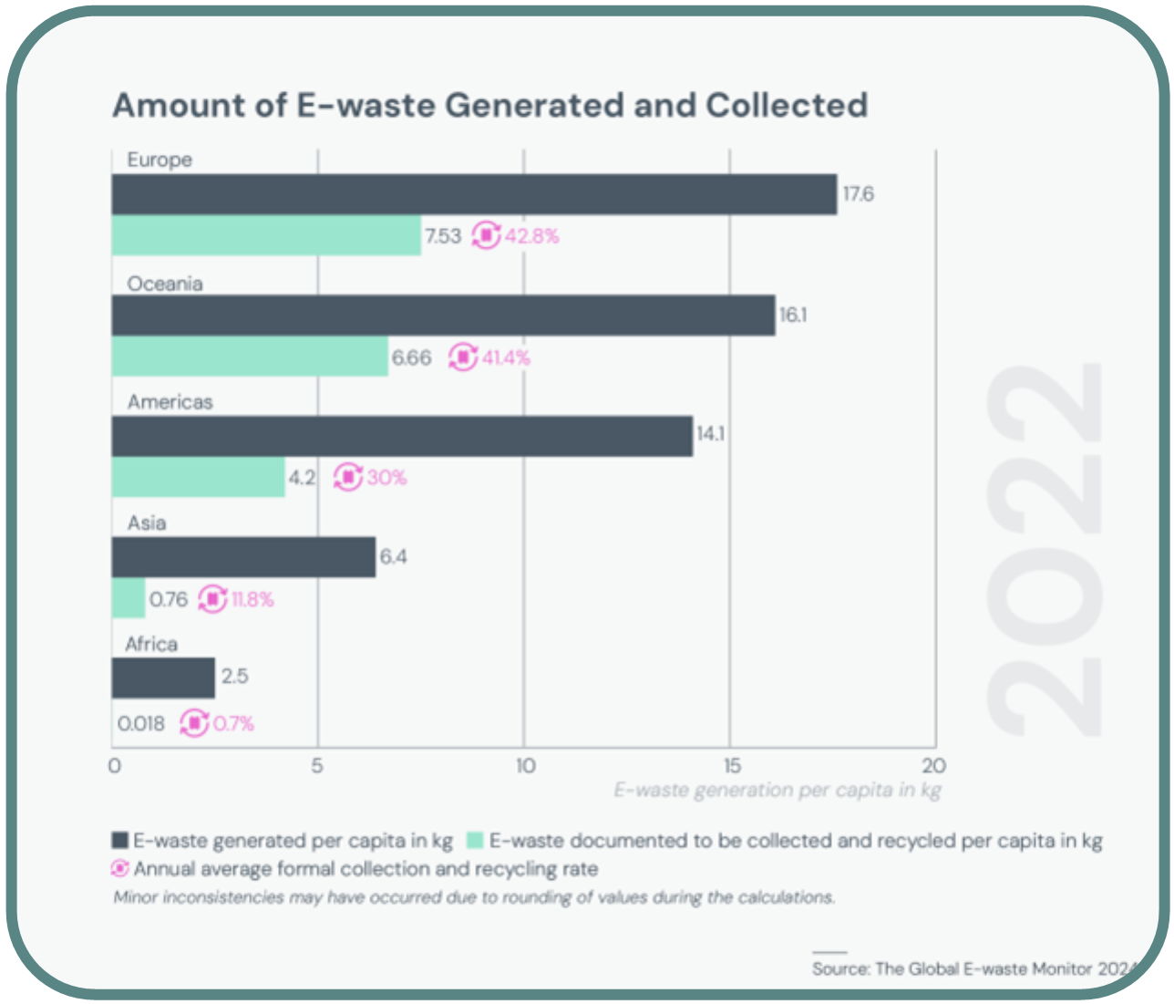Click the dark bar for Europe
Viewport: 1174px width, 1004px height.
[474, 194]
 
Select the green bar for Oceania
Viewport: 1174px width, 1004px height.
[250, 357]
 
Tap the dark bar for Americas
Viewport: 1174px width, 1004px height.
[401, 436]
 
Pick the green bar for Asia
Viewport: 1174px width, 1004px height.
[129, 598]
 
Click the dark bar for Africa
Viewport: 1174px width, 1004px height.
[163, 678]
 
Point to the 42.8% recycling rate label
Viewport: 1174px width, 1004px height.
[532, 236]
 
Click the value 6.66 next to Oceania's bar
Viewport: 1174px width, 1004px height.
[411, 357]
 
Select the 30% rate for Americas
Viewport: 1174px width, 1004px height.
[387, 478]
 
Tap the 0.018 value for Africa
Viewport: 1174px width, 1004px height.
[141, 724]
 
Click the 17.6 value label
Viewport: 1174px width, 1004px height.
[858, 194]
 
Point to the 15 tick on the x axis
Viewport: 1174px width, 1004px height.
[731, 766]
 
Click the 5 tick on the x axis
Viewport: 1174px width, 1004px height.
[317, 766]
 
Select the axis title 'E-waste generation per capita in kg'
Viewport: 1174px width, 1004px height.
[777, 790]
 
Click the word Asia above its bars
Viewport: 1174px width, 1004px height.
[147, 523]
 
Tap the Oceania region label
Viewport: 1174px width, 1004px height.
[165, 284]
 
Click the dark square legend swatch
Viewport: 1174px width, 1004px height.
[120, 840]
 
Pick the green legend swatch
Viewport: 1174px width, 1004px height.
[475, 840]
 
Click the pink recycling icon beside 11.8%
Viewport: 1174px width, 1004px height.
[212, 599]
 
